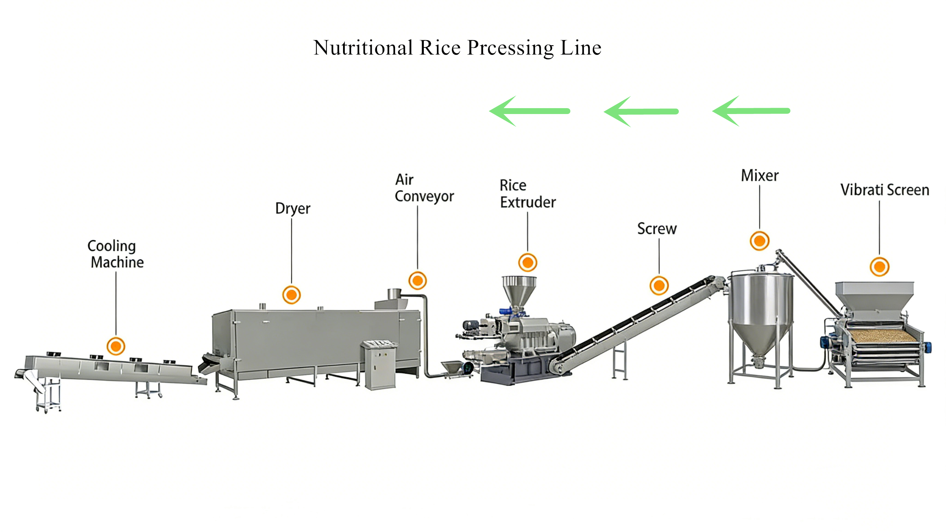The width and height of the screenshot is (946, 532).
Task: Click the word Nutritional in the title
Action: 363,48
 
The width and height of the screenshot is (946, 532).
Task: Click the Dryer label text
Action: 293,208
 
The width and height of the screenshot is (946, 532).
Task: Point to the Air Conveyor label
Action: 424,188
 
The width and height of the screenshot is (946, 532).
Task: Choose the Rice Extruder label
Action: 527,194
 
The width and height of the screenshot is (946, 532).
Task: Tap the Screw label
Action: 657,228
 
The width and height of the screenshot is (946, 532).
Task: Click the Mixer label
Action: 760,176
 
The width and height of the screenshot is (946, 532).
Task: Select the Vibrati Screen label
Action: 885,190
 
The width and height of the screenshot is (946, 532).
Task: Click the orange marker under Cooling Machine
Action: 116,346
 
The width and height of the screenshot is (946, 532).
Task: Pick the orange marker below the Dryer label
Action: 291,295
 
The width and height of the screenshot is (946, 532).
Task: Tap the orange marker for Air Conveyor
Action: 418,281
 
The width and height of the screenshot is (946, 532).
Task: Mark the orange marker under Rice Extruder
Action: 528,262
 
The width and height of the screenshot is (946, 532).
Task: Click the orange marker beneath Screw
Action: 659,286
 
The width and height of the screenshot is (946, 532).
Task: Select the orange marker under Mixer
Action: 760,241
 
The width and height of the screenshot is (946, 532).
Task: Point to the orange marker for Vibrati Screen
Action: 879,267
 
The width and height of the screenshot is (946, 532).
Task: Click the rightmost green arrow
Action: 751,111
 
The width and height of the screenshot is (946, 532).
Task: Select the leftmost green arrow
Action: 529,111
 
